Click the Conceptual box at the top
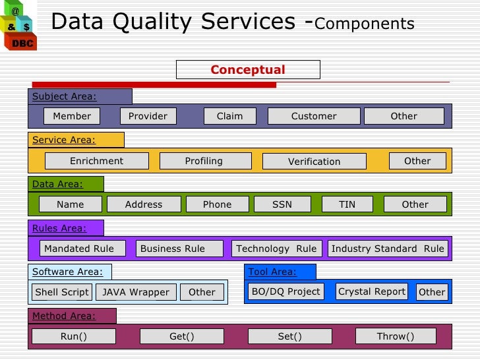point(248,70)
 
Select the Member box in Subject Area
point(72,116)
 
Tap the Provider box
point(148,116)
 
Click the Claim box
point(229,116)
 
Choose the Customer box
point(314,116)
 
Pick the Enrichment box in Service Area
point(96,161)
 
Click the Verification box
point(314,162)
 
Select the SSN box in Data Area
point(282,204)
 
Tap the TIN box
point(347,204)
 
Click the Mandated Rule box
point(79,249)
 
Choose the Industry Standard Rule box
point(388,249)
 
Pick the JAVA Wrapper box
point(136,292)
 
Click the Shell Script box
point(62,292)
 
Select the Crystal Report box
point(371,291)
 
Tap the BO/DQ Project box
point(286,291)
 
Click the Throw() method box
point(396,336)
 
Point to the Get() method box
point(182,336)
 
